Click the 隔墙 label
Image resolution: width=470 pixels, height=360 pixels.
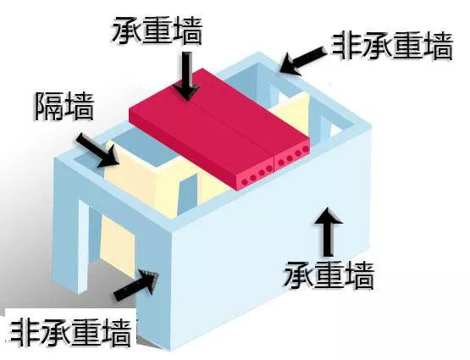pyautogui.click(x=64, y=107)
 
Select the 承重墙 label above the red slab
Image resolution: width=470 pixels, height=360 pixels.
pyautogui.click(x=158, y=30)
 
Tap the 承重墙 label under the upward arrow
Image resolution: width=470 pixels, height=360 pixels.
pyautogui.click(x=329, y=275)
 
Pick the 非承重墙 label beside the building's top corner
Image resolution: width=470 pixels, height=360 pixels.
pyautogui.click(x=392, y=47)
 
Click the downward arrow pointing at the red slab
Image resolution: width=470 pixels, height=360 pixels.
pyautogui.click(x=188, y=76)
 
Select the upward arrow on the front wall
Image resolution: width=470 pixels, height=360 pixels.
pyautogui.click(x=329, y=232)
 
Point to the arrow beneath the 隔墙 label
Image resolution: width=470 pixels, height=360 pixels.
pyautogui.click(x=97, y=151)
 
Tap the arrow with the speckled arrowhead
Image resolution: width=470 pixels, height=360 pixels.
pyautogui.click(x=136, y=284)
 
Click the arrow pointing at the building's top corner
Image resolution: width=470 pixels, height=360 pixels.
pyautogui.click(x=304, y=62)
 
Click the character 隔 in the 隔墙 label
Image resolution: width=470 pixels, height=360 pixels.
pyautogui.click(x=48, y=107)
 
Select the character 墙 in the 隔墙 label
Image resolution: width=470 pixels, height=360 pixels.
pyautogui.click(x=80, y=107)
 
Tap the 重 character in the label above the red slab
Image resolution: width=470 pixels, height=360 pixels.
pyautogui.click(x=158, y=30)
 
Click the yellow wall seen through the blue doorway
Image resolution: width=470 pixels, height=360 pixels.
pyautogui.click(x=117, y=246)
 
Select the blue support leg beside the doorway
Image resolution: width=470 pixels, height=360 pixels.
pyautogui.click(x=82, y=246)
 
